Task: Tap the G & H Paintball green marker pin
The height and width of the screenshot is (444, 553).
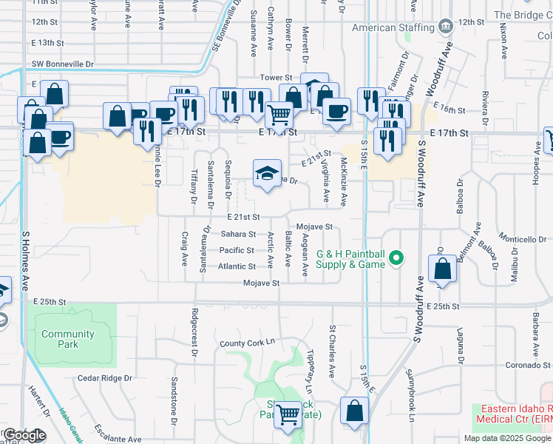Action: tap(397, 258)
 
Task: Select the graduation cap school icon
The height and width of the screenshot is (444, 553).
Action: tap(268, 174)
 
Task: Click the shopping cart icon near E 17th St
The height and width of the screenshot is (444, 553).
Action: tap(279, 114)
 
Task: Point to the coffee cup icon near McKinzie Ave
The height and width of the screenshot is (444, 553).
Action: tap(337, 111)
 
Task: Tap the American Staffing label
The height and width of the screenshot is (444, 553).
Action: tap(393, 27)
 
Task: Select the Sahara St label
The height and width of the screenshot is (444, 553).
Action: tap(238, 234)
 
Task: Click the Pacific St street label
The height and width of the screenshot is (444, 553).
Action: tap(237, 250)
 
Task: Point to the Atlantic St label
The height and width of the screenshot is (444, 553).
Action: tap(237, 266)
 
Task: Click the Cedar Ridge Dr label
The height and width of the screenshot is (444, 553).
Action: tap(104, 378)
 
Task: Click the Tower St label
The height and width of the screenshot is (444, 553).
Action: tap(276, 78)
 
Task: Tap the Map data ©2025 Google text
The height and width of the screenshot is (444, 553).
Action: tap(507, 438)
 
